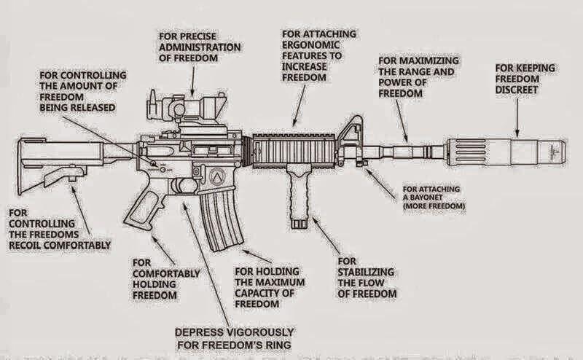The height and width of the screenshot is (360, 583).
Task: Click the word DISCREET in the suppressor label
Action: (517, 90)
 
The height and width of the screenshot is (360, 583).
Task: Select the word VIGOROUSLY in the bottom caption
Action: (260, 332)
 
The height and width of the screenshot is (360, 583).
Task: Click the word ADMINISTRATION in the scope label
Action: (200, 47)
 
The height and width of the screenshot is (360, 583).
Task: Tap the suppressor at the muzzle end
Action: (506, 152)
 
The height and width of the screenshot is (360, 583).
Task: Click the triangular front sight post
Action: (351, 135)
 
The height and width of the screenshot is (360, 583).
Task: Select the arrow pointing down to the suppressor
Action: (517, 117)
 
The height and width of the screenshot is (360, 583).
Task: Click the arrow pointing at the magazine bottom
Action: (257, 257)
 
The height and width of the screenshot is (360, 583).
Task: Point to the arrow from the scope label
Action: (192, 82)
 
